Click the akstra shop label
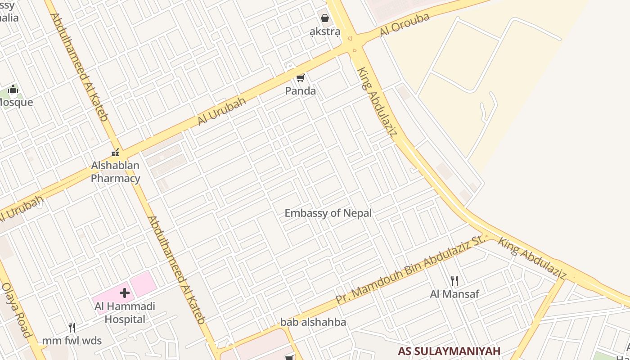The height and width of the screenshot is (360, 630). [324, 32]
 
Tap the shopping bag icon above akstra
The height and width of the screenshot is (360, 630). [324, 18]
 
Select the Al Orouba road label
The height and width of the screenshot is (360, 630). [405, 25]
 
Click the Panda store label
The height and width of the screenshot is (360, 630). [301, 91]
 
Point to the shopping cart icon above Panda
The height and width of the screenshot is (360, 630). [300, 78]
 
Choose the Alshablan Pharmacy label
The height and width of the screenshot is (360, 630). [115, 172]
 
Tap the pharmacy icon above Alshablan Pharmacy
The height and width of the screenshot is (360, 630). [115, 153]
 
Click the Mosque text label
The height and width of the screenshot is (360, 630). [16, 102]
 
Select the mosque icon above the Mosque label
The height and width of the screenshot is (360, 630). [13, 89]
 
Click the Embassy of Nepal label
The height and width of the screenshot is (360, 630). [328, 213]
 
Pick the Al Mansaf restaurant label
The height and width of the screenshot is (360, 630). [454, 294]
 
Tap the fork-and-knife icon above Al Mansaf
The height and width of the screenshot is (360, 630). [454, 281]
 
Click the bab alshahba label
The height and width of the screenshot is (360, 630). [313, 322]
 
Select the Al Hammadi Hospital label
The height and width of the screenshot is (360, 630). [125, 313]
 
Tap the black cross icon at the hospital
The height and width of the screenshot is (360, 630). [125, 293]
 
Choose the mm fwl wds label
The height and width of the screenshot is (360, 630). [72, 341]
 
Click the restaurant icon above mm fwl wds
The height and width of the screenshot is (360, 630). [72, 327]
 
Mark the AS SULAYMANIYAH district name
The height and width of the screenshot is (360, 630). [449, 351]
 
